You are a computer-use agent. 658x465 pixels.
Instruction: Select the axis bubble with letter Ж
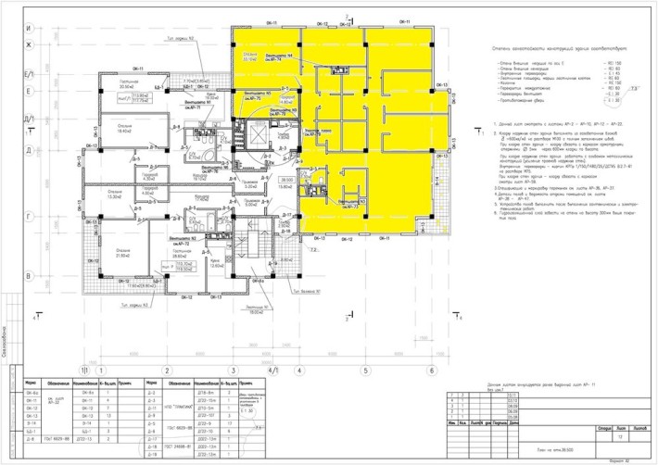point(29,44)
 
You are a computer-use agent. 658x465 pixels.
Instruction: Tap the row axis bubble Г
point(29,216)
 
